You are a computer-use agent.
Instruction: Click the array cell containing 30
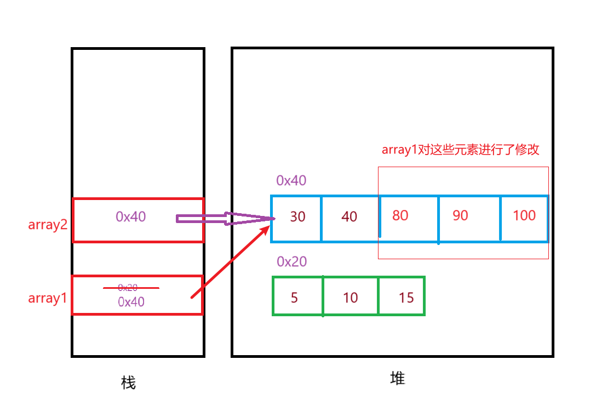tap(297, 218)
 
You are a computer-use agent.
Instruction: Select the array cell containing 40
tap(349, 218)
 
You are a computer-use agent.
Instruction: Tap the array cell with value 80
tap(409, 218)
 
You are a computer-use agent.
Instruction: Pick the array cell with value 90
tap(469, 218)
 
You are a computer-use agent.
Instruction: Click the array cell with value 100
tap(524, 218)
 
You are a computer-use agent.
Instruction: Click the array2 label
tap(47, 224)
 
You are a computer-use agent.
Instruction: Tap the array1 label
tap(47, 298)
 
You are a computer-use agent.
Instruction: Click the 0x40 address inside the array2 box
tap(131, 217)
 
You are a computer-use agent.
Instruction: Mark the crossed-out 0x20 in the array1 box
tap(128, 287)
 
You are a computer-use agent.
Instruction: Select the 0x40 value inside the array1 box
tap(131, 301)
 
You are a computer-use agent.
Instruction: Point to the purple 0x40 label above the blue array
tap(291, 180)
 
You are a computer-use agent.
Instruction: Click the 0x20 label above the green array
tap(291, 261)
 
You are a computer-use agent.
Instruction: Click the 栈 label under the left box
tap(128, 382)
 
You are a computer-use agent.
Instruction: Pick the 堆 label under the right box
tap(398, 378)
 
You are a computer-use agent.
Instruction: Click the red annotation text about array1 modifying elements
tap(461, 150)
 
